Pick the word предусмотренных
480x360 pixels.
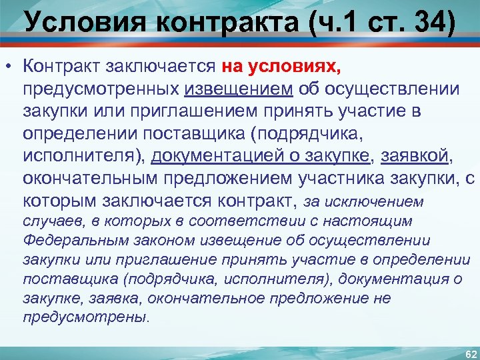pyautogui.click(x=99, y=89)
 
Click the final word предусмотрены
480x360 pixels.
pyautogui.click(x=85, y=317)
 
